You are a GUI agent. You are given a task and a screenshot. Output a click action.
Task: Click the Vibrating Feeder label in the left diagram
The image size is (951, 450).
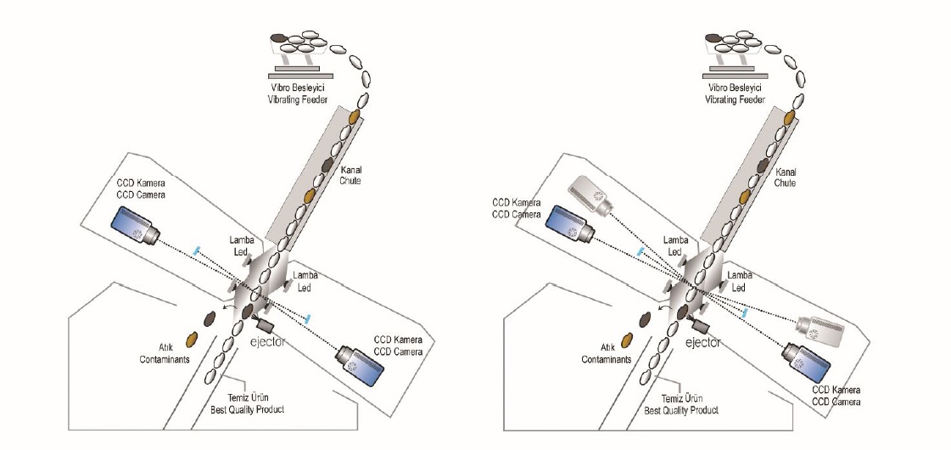pyautogui.click(x=297, y=95)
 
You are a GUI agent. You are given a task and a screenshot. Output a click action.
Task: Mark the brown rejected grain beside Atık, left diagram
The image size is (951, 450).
pyautogui.click(x=192, y=340)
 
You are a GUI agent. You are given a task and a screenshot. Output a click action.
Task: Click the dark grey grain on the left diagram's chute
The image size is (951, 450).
pyautogui.click(x=330, y=163)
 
